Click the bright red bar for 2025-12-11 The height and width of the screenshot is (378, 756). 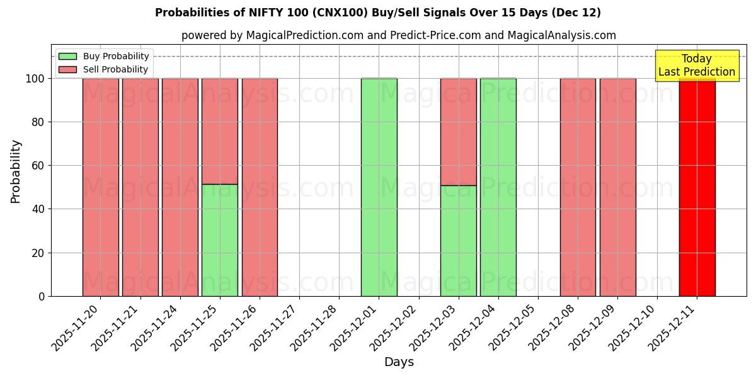(697, 189)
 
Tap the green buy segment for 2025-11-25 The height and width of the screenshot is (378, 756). (220, 240)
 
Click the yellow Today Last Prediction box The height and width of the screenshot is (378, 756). (697, 66)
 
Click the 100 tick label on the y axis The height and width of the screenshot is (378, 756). (36, 79)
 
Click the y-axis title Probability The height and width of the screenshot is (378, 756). (16, 171)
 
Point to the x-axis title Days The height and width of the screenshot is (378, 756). (399, 362)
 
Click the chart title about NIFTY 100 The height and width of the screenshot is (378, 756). (378, 13)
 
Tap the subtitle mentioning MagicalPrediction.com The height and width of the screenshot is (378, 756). (399, 35)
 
